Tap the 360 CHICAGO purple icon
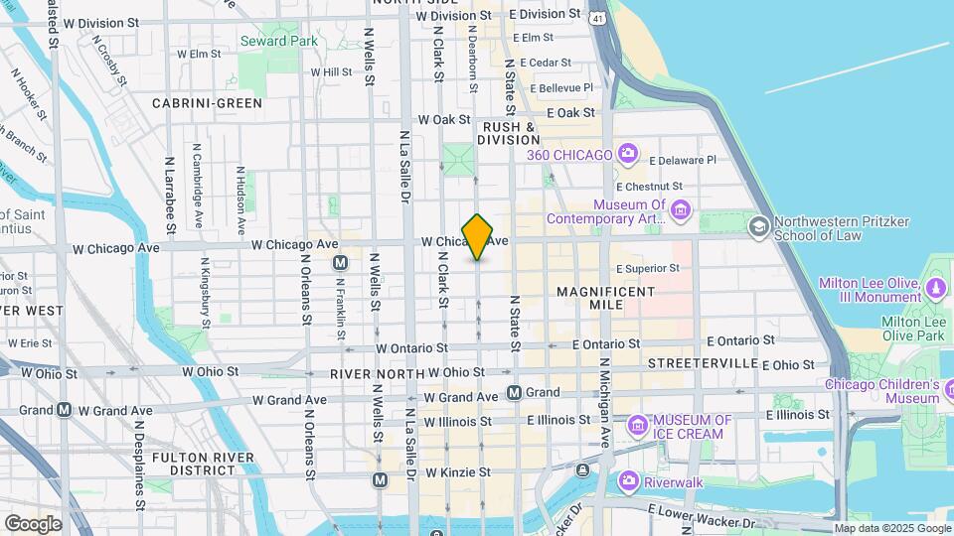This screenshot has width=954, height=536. [627, 154]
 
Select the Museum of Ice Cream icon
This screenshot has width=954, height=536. [637, 427]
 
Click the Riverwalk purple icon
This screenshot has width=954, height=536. [627, 481]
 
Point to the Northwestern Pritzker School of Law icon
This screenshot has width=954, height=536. [759, 227]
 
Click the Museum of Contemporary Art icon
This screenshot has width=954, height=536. [681, 209]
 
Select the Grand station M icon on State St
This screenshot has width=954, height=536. [515, 392]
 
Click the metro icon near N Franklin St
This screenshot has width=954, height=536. [340, 263]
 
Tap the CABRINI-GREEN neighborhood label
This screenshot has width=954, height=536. [207, 103]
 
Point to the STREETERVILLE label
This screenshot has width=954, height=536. [704, 363]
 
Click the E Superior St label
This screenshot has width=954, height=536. [647, 268]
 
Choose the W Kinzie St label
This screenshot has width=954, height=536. [457, 472]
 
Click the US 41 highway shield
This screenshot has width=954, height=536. [595, 18]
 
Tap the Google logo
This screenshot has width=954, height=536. [33, 523]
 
